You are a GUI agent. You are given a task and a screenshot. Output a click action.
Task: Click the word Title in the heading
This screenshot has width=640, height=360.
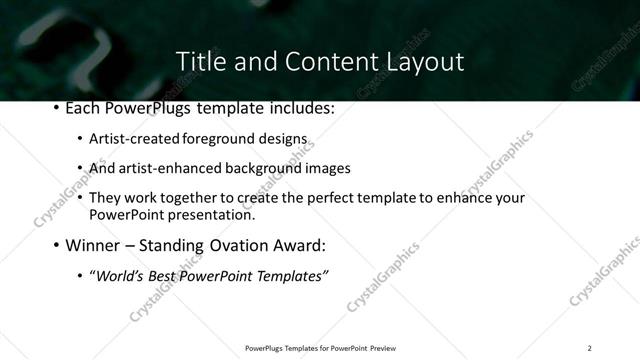pyautogui.click(x=200, y=61)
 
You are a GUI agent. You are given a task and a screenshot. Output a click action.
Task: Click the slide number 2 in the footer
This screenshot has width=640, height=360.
pyautogui.click(x=589, y=348)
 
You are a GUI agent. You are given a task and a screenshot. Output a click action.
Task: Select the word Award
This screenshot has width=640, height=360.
pyautogui.click(x=298, y=244)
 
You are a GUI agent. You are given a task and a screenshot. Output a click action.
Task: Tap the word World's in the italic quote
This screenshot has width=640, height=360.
pyautogui.click(x=119, y=275)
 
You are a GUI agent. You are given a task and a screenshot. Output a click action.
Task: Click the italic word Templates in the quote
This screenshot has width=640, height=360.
pyautogui.click(x=291, y=275)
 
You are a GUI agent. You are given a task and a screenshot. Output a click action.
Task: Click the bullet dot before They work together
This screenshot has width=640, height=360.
pyautogui.click(x=80, y=198)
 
